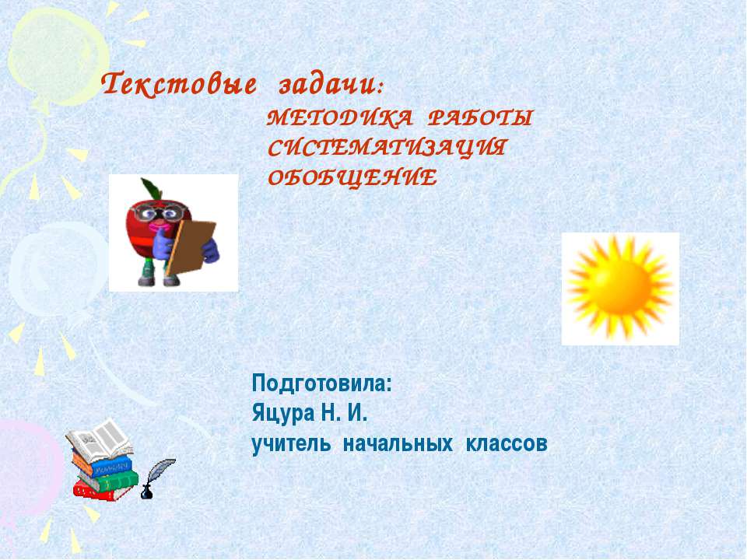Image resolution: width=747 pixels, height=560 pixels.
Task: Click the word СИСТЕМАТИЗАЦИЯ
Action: tap(386, 149)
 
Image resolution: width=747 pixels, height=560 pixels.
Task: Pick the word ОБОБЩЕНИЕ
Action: tap(352, 178)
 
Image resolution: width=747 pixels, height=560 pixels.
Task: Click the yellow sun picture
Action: tap(619, 289)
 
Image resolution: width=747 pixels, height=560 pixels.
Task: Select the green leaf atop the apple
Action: tap(148, 187)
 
